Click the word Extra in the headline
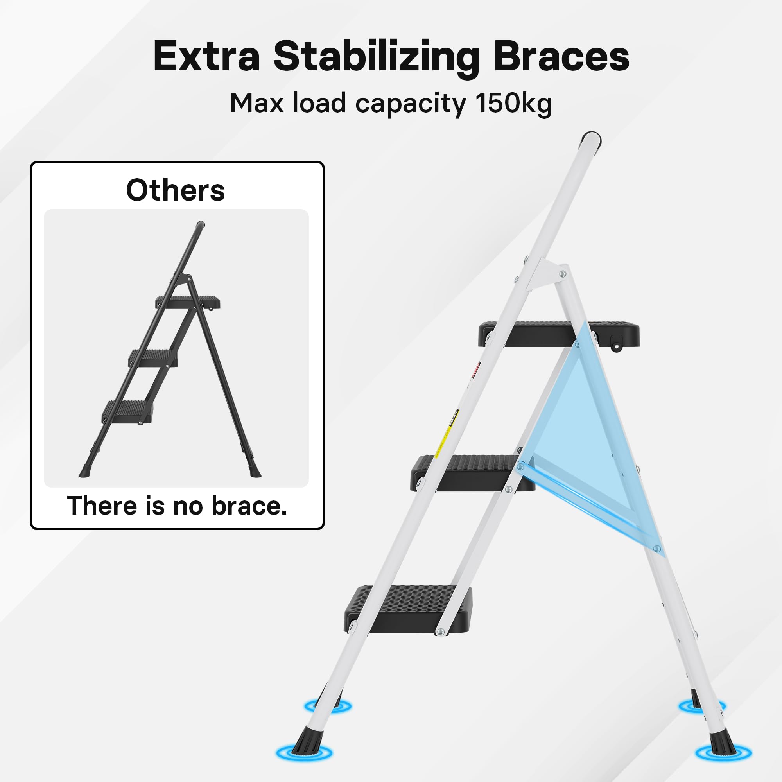pos(206,57)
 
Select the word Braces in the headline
pos(561,57)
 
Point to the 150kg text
pos(513,104)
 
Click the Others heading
pos(175,190)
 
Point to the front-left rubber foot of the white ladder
pos(303,749)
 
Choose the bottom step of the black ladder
pos(127,411)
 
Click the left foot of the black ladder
pos(85,471)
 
